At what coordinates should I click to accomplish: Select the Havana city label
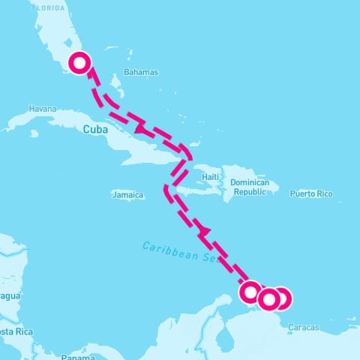point(42,109)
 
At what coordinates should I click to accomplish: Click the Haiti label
point(211,177)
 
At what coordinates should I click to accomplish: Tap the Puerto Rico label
point(310,193)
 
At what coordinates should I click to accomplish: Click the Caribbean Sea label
point(180,250)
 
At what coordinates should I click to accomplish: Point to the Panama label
point(78,356)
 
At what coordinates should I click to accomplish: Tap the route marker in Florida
point(79,63)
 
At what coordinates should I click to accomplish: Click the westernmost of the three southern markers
point(250,292)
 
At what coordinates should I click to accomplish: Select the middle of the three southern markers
point(268,299)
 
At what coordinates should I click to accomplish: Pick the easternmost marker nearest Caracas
point(280,298)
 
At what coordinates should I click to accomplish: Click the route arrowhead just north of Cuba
point(139,130)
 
